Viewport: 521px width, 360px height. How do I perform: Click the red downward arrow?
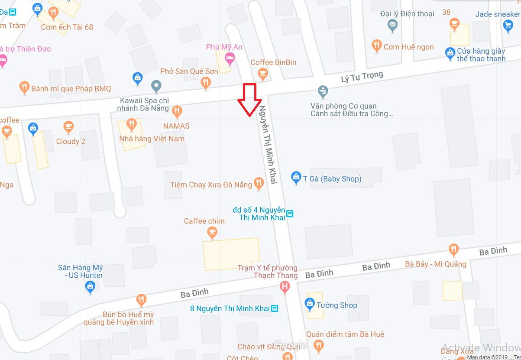[x=249, y=100]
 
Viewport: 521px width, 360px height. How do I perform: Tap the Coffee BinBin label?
[x=273, y=62]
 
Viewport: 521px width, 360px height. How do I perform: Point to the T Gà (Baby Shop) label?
[x=332, y=178]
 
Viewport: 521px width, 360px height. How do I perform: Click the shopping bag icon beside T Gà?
[x=296, y=177]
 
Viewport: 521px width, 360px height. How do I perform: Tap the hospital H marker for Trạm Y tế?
[x=285, y=286]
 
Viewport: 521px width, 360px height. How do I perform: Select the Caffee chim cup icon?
[x=211, y=233]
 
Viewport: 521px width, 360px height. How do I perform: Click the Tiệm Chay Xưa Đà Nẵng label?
[x=211, y=185]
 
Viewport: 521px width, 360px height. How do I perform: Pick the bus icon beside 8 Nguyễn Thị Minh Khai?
[x=274, y=308]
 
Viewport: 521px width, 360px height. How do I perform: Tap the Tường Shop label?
[x=337, y=305]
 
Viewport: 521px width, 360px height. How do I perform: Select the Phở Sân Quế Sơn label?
[x=189, y=71]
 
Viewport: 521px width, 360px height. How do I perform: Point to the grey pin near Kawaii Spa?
[x=156, y=85]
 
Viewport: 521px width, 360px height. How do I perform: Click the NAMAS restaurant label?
[x=176, y=126]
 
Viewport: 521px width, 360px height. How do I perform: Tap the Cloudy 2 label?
[x=71, y=142]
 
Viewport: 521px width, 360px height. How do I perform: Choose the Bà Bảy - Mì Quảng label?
[x=436, y=264]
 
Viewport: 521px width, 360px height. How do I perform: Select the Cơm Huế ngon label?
[x=408, y=47]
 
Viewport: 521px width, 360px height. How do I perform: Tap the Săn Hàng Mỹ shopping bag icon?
[x=90, y=286]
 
